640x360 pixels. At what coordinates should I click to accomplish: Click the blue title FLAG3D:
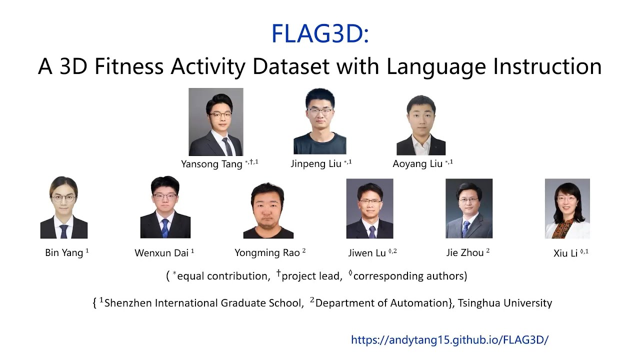tap(320, 33)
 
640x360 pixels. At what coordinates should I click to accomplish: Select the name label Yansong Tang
tap(212, 164)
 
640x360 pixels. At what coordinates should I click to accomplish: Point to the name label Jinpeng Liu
tap(316, 163)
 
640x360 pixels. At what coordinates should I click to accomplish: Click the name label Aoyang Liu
tap(417, 163)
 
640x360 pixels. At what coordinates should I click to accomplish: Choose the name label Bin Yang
tap(64, 252)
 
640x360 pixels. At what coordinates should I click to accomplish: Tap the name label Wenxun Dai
tap(161, 253)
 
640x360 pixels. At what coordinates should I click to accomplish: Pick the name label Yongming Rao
tap(267, 252)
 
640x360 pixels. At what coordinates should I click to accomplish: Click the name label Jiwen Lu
tap(367, 253)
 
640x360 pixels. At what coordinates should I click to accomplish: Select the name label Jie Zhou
tap(465, 252)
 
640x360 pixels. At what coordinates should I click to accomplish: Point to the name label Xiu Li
tap(565, 253)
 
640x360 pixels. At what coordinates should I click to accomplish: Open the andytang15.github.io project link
tap(450, 340)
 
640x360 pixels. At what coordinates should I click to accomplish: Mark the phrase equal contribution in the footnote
tap(223, 276)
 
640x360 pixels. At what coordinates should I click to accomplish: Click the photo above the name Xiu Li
tap(567, 208)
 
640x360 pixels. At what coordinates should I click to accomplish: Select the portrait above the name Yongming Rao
tap(268, 210)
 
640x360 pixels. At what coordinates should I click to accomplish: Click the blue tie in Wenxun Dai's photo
tap(165, 228)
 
